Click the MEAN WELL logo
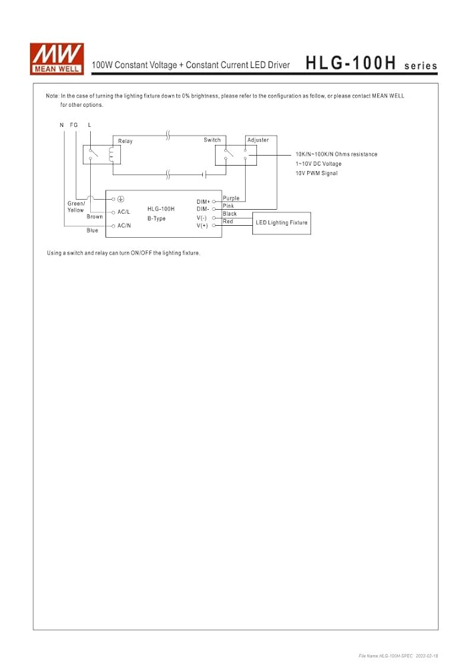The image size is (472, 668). [x=57, y=59]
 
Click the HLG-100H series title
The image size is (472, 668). [x=372, y=63]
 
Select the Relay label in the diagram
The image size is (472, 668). [x=125, y=141]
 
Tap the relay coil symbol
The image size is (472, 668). [x=111, y=155]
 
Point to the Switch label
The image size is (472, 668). [x=212, y=140]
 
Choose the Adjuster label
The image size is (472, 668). [x=258, y=140]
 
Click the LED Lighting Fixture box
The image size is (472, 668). [x=282, y=223]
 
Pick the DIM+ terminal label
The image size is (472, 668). [x=203, y=202]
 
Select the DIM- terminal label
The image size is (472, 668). [x=202, y=208]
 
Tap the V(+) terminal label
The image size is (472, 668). [x=202, y=225]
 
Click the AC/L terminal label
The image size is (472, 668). [x=124, y=212]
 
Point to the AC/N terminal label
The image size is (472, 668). [x=124, y=225]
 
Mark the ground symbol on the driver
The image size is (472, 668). [x=121, y=199]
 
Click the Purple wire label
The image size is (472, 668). [x=231, y=198]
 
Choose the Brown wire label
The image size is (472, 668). [x=95, y=216]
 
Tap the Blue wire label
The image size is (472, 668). [x=92, y=230]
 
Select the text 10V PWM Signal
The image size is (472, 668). [x=316, y=173]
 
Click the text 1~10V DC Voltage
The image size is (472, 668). [x=318, y=164]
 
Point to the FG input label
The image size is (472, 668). [x=74, y=125]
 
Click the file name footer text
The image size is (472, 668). [x=399, y=656]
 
